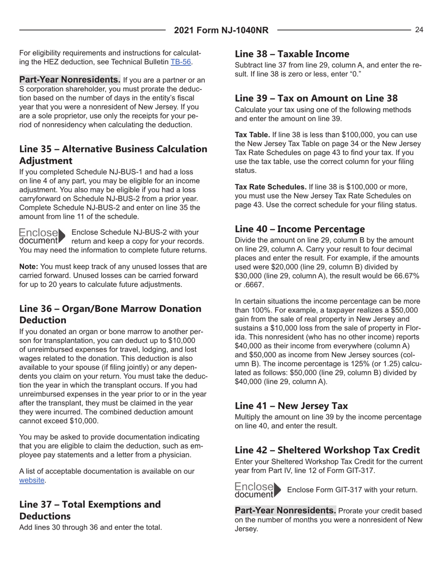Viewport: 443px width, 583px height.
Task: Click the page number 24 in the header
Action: (419, 30)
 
